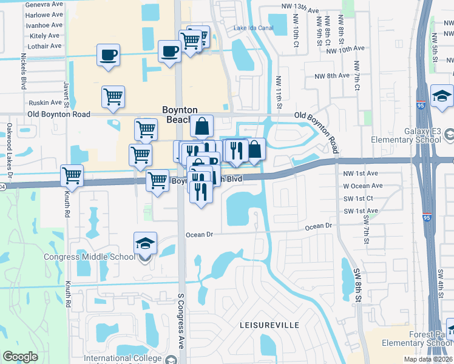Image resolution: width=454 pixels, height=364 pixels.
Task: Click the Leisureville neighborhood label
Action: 270,325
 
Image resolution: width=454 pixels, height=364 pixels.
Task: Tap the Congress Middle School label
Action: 89,256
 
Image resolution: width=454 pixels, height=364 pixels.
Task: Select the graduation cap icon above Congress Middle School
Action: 145,244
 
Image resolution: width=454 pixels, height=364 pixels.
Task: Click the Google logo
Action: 21,357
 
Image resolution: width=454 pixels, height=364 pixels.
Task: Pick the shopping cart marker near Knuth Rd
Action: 72,176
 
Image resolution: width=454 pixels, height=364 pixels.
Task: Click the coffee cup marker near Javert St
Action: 109,55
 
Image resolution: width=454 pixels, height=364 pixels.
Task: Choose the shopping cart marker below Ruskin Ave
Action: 113,96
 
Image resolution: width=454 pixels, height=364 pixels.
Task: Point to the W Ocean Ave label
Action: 362,186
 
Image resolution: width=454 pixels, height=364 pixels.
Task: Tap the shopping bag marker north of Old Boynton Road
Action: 202,127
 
